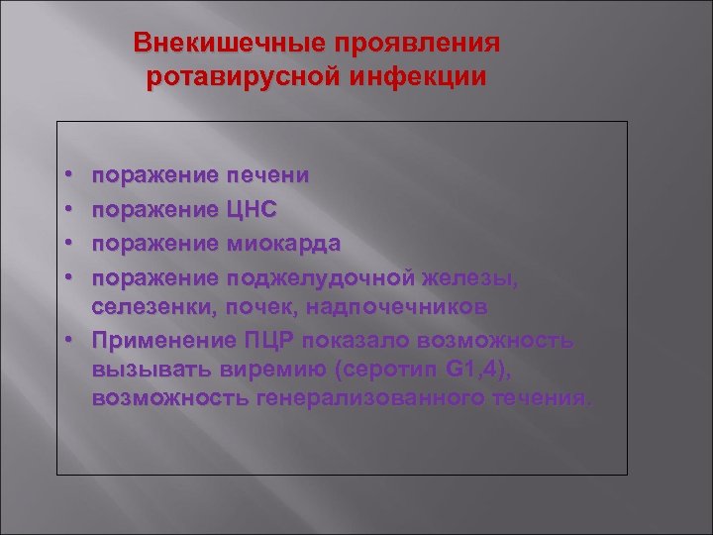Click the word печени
267,175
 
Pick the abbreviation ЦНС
252,209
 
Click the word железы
471,276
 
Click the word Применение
163,340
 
